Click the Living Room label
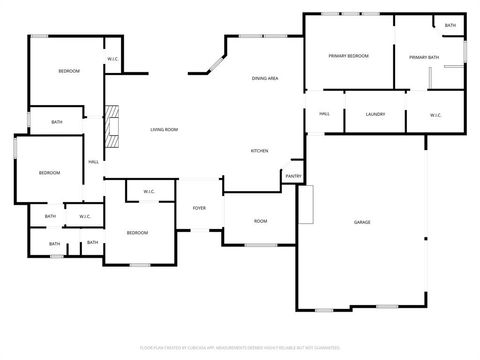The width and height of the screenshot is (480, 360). [x=164, y=130]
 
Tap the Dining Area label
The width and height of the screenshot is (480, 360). [x=265, y=78]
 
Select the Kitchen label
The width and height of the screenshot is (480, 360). [x=259, y=151]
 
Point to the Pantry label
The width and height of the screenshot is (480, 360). [x=293, y=176]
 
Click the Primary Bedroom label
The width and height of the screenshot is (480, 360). [x=348, y=56]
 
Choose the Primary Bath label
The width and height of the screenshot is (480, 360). [x=424, y=58]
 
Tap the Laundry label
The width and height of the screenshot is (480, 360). [x=375, y=114]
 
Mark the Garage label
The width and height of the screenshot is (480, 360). [x=362, y=221]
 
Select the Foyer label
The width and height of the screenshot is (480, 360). [x=199, y=208]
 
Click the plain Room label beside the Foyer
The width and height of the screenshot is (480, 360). [x=260, y=221]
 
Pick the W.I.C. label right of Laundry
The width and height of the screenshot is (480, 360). [x=436, y=115]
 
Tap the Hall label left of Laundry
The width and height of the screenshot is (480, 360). [x=325, y=114]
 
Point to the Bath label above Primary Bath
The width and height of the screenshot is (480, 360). [x=450, y=25]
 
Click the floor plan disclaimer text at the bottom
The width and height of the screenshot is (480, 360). [x=240, y=347]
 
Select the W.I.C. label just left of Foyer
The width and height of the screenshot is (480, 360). [x=148, y=191]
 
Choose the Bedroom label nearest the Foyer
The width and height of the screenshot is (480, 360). [x=137, y=233]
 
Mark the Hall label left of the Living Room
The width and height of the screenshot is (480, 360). [x=93, y=162]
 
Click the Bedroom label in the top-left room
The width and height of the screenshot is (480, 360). [x=68, y=71]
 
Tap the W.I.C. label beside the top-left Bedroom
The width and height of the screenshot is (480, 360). [x=113, y=59]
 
